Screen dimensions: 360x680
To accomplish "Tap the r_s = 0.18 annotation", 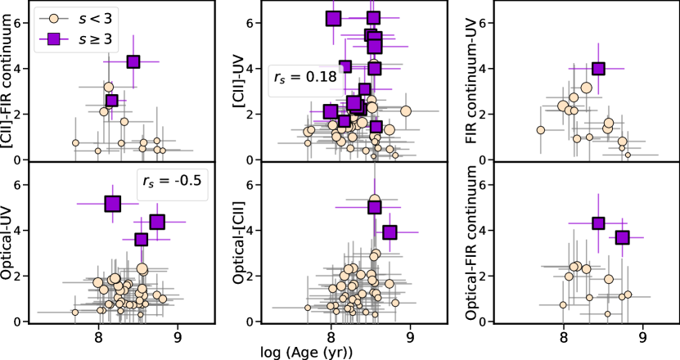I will pos(299,79).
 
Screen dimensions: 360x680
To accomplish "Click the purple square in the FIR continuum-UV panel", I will pos(598,69).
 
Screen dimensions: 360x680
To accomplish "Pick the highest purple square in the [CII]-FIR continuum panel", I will pos(133,61).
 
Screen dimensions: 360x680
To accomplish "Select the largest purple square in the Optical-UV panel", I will pos(113,204).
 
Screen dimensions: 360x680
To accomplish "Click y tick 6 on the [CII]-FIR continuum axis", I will pos(16,23).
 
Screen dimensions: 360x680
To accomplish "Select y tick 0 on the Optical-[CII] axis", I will pos(248,322).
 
